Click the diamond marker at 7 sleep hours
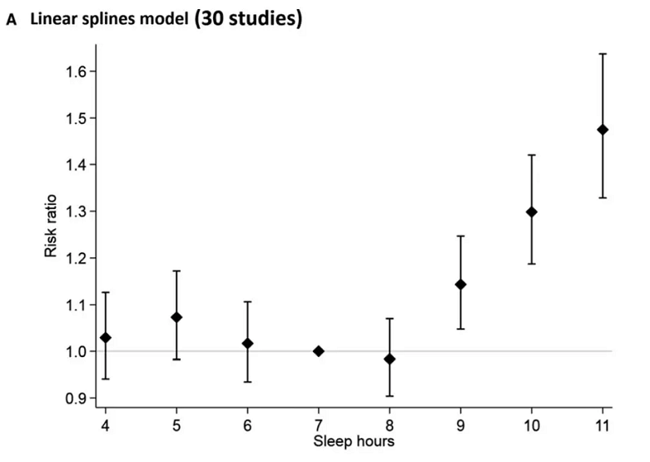[x=318, y=351]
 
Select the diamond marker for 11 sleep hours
[x=603, y=129]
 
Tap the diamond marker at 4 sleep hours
[x=106, y=337]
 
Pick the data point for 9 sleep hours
[x=460, y=285]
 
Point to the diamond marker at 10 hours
[x=532, y=211]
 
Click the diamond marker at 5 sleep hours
[x=176, y=317]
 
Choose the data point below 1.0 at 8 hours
[x=390, y=359]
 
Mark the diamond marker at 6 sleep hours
[x=247, y=343]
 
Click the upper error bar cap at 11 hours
[x=603, y=53]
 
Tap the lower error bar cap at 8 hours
[x=390, y=396]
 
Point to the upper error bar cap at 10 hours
[x=532, y=155]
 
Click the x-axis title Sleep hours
[x=354, y=442]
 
